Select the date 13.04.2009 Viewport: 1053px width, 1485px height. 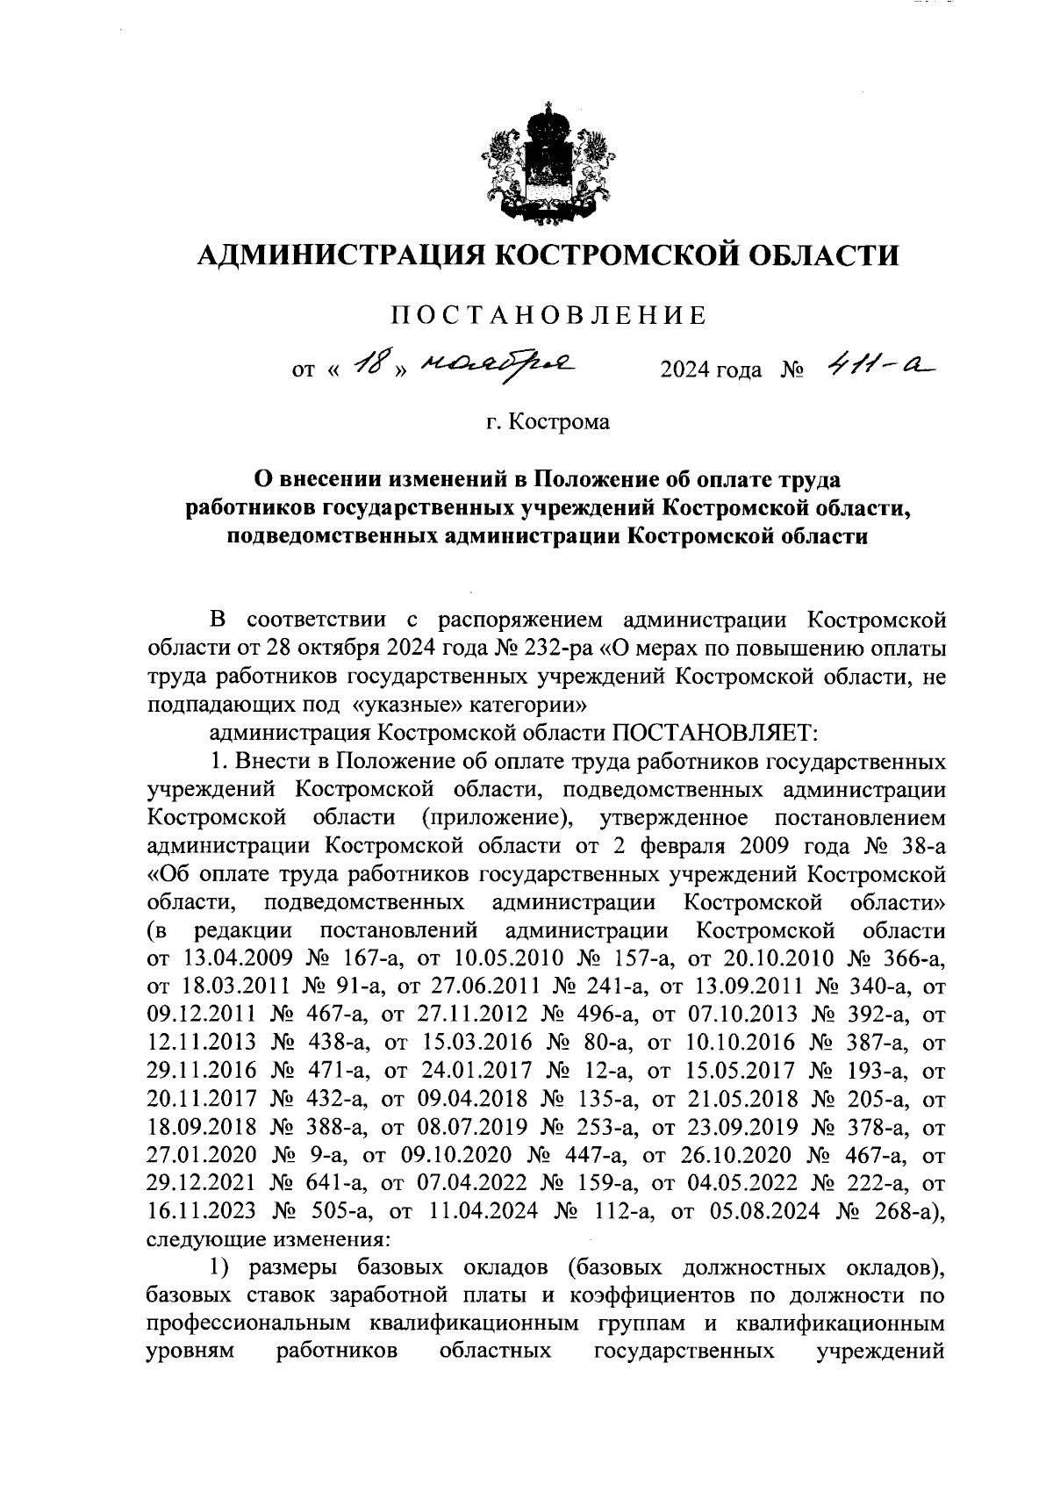pyautogui.click(x=237, y=958)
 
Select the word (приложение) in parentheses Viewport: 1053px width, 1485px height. pyautogui.click(x=498, y=818)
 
